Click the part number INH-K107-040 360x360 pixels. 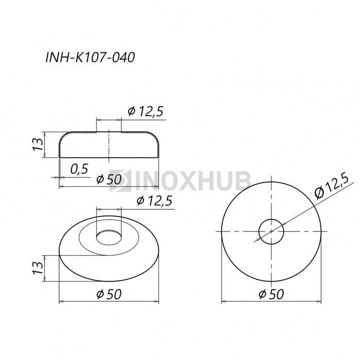point(91,58)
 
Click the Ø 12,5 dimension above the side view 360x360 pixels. point(146,111)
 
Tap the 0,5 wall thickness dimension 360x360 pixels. point(79,169)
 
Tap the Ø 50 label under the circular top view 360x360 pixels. point(270,294)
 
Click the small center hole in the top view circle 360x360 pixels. point(271,231)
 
